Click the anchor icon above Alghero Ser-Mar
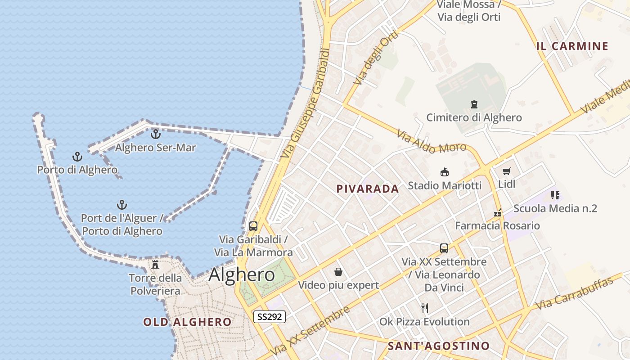point(155,134)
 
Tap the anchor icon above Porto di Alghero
point(77,157)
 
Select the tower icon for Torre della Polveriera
point(155,264)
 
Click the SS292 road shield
point(270,317)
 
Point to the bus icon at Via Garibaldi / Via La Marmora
point(253,226)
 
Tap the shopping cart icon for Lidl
point(507,171)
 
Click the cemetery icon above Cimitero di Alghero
point(474,104)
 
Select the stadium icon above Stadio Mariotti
point(445,172)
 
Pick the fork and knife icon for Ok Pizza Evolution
point(424,308)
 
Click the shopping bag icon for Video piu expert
point(338,272)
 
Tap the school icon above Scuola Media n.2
point(555,195)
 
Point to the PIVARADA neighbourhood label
point(368,189)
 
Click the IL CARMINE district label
point(572,46)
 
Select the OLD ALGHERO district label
point(187,322)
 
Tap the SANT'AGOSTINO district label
point(438,346)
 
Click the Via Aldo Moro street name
point(431,142)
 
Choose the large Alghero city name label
point(242,274)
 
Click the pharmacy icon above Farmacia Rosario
point(498,212)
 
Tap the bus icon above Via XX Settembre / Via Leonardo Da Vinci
point(444,248)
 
